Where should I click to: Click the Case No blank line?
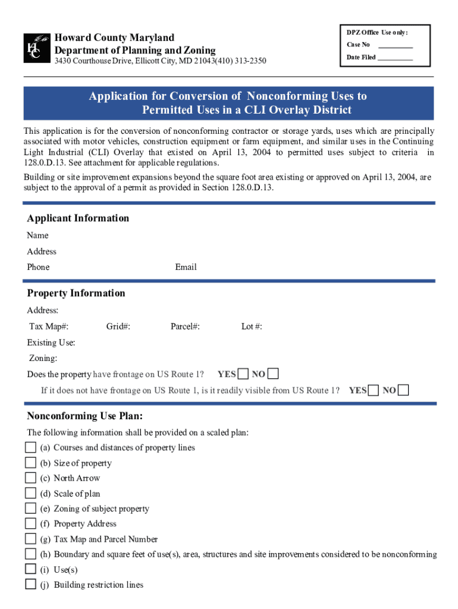[395, 46]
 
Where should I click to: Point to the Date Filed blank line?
[395, 59]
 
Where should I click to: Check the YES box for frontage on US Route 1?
[243, 374]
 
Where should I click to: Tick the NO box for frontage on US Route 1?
[272, 374]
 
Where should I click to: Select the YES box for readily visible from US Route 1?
[374, 390]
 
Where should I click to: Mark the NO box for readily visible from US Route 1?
[403, 390]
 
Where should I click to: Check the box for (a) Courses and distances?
[30, 447]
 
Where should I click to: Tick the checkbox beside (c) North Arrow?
[30, 478]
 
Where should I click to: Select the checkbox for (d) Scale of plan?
[30, 493]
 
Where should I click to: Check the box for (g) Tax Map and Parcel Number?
[30, 539]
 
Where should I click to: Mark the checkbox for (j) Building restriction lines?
[30, 584]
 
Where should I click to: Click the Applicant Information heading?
[78, 218]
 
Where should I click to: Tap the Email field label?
[186, 267]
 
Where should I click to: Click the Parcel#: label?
[185, 327]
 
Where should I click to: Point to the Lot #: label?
[252, 327]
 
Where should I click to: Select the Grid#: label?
[118, 327]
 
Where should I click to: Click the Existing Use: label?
[51, 343]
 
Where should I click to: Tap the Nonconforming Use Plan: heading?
[85, 416]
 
